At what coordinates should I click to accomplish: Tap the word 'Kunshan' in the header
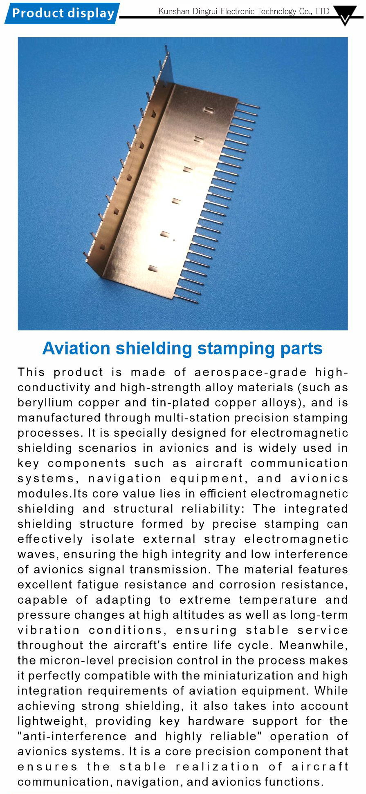174,11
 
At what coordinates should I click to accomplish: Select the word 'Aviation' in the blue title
76,348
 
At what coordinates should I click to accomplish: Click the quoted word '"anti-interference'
72,736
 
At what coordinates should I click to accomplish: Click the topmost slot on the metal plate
208,110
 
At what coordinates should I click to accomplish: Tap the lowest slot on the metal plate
153,268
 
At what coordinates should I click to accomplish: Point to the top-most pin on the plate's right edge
248,105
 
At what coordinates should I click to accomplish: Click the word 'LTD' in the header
322,11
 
